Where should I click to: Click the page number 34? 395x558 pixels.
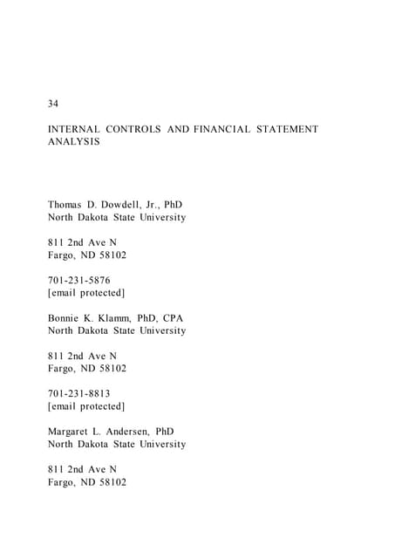[53, 105]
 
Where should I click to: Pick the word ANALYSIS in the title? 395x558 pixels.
[73, 141]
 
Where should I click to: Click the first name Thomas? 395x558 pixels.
[65, 205]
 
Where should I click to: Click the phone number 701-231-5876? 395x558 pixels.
[79, 281]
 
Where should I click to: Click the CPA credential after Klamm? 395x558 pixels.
[173, 318]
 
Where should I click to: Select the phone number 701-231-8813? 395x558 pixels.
[79, 394]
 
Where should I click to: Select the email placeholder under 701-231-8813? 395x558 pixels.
[86, 407]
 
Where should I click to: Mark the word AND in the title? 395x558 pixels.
[177, 129]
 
